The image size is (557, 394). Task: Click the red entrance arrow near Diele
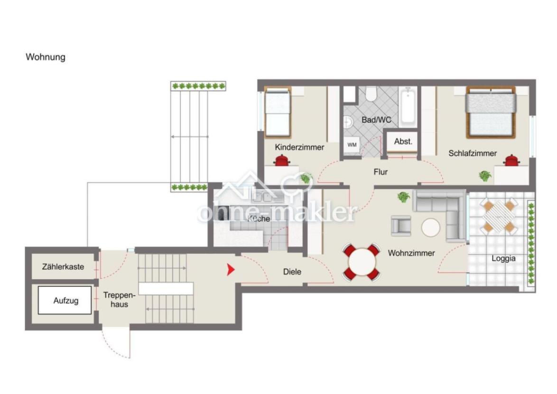(x=231, y=270)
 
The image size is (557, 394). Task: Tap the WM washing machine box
(x=352, y=145)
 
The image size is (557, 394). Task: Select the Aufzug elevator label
(x=66, y=300)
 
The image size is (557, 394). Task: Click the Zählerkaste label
(x=63, y=267)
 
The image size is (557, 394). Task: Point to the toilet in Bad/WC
(x=371, y=94)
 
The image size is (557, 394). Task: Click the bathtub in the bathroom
(x=408, y=107)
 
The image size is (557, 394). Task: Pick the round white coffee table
(x=430, y=227)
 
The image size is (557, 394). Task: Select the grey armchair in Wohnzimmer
(x=401, y=225)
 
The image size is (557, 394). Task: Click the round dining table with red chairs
(x=362, y=263)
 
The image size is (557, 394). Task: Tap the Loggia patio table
(x=499, y=216)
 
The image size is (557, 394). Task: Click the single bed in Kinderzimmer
(x=278, y=113)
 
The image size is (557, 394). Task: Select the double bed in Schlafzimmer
(x=491, y=113)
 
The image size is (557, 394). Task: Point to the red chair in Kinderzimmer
(x=282, y=160)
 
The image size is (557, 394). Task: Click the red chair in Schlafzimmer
(x=511, y=160)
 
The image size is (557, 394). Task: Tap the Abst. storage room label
(x=403, y=141)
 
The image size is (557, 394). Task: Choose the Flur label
(x=381, y=172)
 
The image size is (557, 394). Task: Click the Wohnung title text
(x=46, y=57)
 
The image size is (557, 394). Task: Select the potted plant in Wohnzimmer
(x=403, y=197)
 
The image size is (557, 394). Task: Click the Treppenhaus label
(x=120, y=300)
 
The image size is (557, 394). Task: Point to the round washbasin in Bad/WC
(x=348, y=122)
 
